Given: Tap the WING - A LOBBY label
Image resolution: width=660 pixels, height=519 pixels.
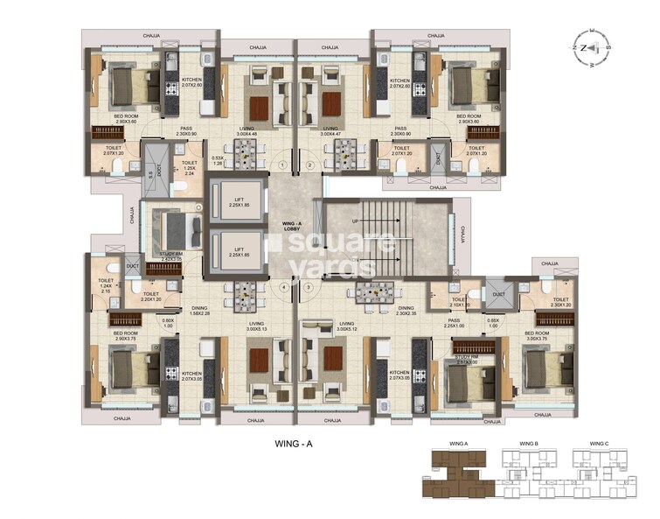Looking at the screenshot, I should pos(294,228).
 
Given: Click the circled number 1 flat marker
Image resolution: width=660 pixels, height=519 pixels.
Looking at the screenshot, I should pos(282,165).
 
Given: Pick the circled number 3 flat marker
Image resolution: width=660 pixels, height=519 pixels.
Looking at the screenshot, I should pos(309,286).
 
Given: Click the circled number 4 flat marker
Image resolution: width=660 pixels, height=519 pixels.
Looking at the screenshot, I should pos(282,286).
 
